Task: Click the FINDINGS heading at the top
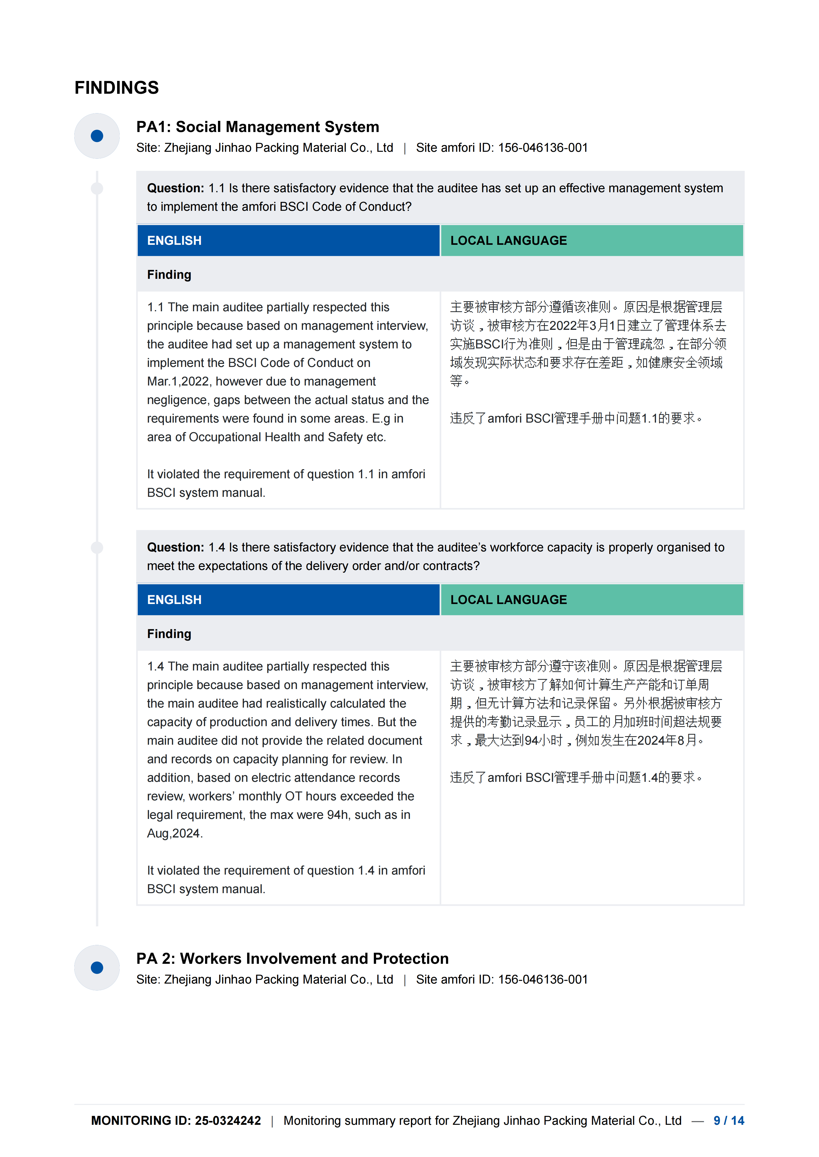(x=117, y=88)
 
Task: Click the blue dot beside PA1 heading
(x=97, y=136)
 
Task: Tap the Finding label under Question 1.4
(x=169, y=634)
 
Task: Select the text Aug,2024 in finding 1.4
(x=174, y=834)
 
